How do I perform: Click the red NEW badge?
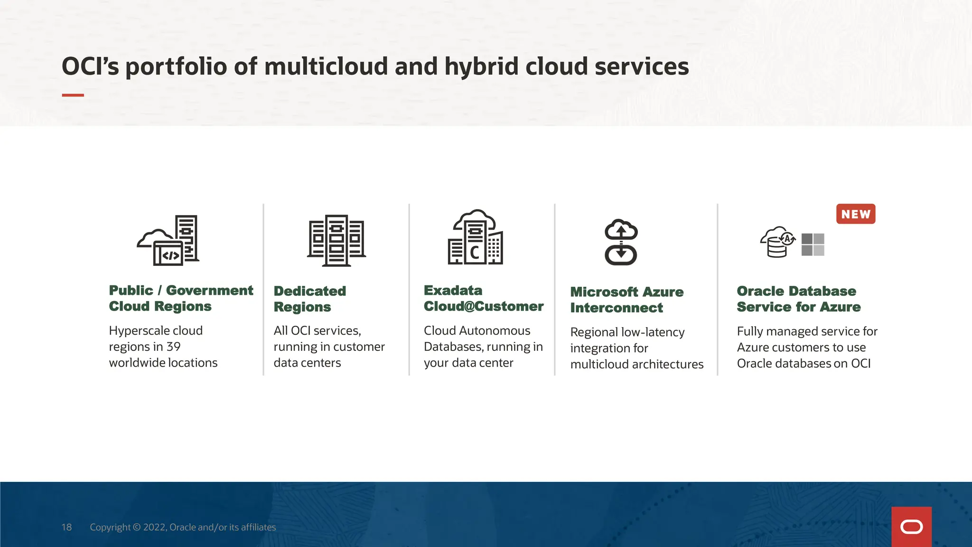[856, 214]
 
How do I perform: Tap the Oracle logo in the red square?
[911, 527]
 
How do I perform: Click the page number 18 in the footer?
[66, 527]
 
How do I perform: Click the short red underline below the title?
[73, 95]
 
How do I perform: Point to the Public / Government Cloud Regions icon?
[168, 240]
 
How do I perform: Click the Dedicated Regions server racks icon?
[336, 240]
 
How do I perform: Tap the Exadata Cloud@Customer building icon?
[476, 237]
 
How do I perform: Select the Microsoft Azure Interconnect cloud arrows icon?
[621, 242]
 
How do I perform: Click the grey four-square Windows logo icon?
[813, 245]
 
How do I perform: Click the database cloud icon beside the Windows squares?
[777, 242]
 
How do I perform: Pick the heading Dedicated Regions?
[310, 299]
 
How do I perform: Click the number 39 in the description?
[173, 347]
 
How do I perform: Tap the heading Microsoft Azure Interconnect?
[626, 300]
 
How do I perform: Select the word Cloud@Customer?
[483, 306]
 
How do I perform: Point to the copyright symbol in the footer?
[137, 527]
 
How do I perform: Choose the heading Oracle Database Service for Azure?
[798, 299]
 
